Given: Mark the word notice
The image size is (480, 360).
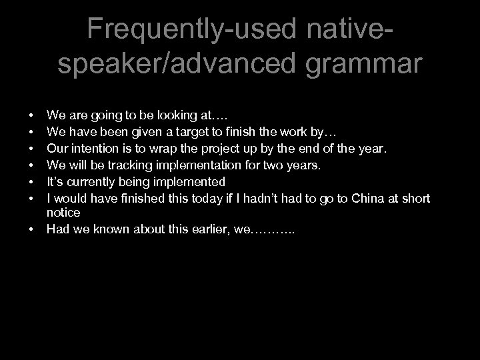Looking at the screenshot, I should [x=63, y=212].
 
